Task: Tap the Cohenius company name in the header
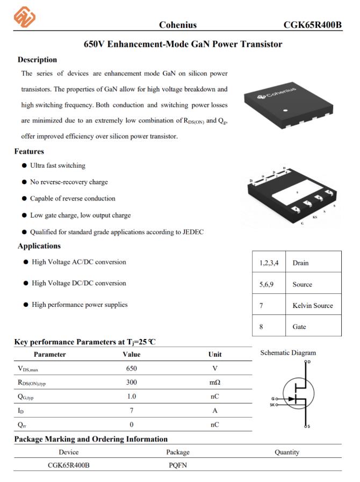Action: [x=177, y=25]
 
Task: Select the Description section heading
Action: [x=37, y=60]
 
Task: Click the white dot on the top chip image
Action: [x=286, y=110]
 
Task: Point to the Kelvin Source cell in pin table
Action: [x=313, y=305]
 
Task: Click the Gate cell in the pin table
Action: [x=299, y=326]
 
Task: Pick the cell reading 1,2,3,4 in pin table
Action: [x=268, y=263]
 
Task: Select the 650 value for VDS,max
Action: [x=132, y=368]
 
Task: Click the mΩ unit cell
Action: [x=214, y=382]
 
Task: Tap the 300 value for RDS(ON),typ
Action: [x=132, y=382]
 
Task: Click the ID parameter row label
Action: [x=21, y=411]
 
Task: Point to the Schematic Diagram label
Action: [x=288, y=353]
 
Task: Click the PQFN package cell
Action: [x=177, y=465]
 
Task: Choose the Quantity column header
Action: [x=286, y=452]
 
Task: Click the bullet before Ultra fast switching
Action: [x=25, y=166]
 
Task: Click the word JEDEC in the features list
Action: [x=193, y=232]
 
